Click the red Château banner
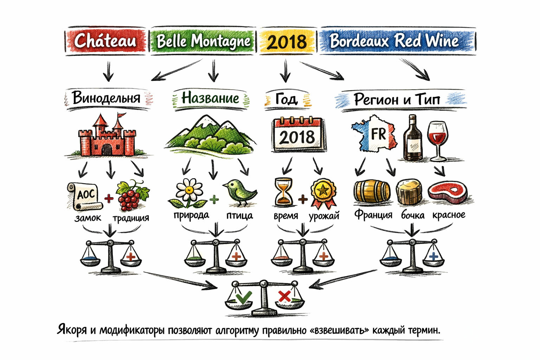(x=105, y=41)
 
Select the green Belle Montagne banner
(x=203, y=41)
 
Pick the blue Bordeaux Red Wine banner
(x=398, y=41)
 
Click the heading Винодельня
(x=106, y=98)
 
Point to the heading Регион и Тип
(x=397, y=99)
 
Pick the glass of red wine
(x=438, y=141)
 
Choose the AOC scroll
(x=85, y=196)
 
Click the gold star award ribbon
(x=323, y=193)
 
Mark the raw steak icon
(x=448, y=192)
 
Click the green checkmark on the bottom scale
(x=244, y=297)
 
